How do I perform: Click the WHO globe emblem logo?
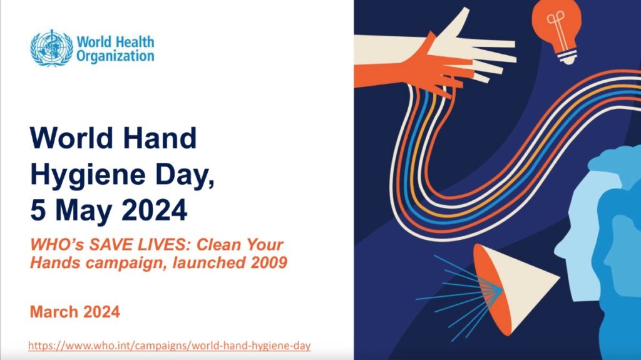(52, 48)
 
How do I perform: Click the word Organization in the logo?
(115, 56)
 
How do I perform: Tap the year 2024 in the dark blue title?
(155, 210)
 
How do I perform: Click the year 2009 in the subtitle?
(269, 262)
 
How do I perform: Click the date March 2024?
(75, 312)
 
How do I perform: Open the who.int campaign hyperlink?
(169, 346)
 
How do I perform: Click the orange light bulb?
(556, 29)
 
